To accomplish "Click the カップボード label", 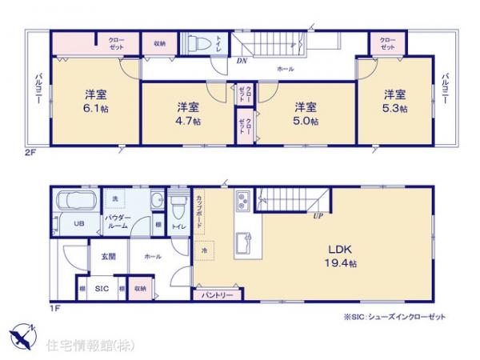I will coord(198,210).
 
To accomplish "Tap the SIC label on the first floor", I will coord(102,289).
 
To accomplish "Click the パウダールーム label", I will coord(118,222).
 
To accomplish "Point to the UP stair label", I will coord(318,215).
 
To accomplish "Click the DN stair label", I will coord(242,59).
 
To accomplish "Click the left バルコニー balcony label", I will coord(38,89).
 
